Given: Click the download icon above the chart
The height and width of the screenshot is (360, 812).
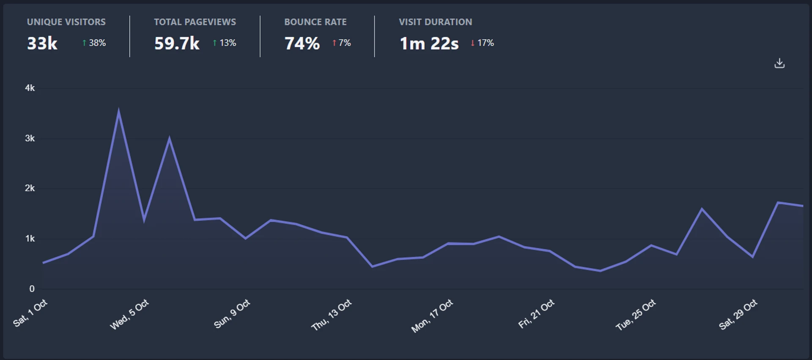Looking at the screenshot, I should (x=779, y=63).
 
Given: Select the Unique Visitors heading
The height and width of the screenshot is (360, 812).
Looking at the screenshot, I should (x=66, y=22).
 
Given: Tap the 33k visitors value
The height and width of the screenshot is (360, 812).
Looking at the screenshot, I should (x=42, y=43).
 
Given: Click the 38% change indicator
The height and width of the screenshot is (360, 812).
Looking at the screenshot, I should (x=94, y=43).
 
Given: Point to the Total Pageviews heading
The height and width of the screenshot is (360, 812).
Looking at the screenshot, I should (x=195, y=22).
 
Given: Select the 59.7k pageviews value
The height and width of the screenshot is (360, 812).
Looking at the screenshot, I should (x=177, y=43).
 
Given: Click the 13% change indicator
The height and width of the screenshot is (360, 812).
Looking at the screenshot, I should (x=225, y=43).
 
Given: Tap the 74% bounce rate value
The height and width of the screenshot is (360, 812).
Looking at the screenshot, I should (x=302, y=43).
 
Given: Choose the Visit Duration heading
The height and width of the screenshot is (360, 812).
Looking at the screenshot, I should (x=435, y=22).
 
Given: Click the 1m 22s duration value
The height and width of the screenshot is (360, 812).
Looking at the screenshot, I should (x=429, y=43).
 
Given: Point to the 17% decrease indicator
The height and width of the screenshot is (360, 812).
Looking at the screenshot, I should (x=483, y=43).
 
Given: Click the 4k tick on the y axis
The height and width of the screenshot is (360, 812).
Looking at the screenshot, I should (x=30, y=88).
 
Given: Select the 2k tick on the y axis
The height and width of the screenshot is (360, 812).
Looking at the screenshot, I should (x=30, y=188).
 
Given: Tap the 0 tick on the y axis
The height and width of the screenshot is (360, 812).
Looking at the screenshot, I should (x=32, y=289).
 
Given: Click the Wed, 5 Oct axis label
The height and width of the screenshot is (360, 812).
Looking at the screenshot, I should (x=129, y=314).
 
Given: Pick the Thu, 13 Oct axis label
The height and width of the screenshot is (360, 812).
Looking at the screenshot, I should (x=332, y=315).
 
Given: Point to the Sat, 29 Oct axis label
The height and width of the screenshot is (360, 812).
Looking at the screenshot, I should (x=738, y=314).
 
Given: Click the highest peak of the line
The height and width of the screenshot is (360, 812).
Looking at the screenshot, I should (x=118, y=111).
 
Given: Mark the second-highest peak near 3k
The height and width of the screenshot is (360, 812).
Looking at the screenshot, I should (x=169, y=138).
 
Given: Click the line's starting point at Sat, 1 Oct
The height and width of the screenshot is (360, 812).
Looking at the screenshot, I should (x=43, y=263).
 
